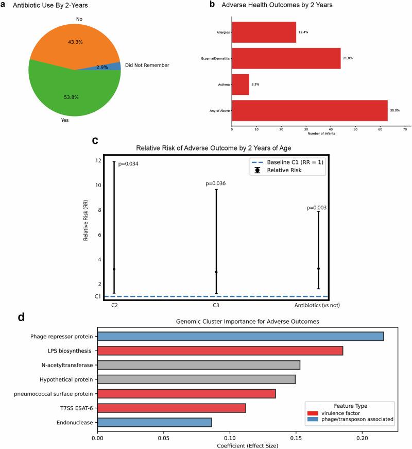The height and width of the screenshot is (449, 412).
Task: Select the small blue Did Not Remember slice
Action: pos(114,66)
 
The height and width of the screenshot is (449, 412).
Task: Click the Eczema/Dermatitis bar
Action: pos(286,58)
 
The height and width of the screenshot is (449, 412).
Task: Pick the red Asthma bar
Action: pos(241,84)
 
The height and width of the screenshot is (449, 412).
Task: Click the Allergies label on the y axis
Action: pos(222,32)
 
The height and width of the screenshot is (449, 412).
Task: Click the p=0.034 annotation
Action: pos(128,164)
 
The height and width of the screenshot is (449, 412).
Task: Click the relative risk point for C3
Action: pos(216,272)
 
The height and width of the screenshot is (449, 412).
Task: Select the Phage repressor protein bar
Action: pos(240,337)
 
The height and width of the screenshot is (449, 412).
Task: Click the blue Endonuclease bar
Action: pos(154,423)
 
